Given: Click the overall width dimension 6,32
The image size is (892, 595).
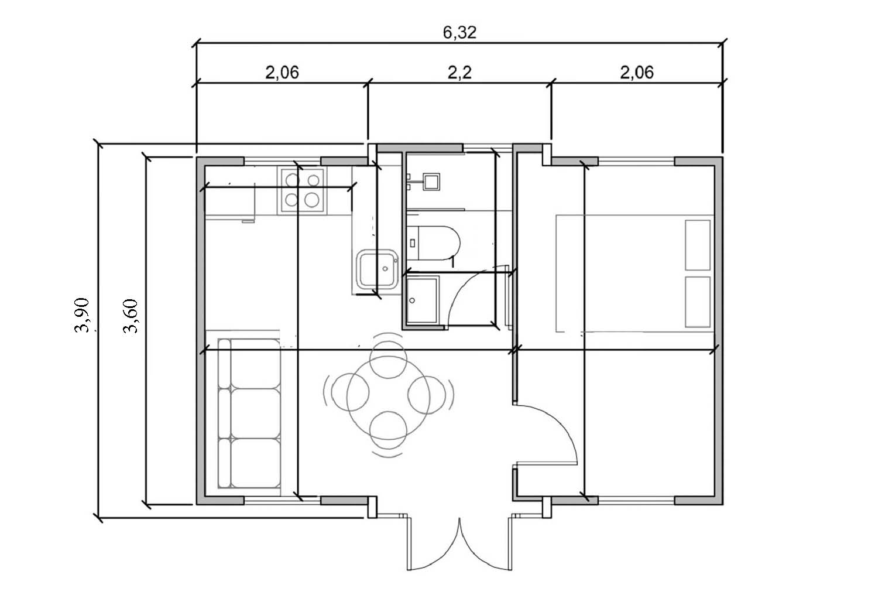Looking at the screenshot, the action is [x=459, y=33].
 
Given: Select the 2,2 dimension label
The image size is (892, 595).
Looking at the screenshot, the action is [x=459, y=73].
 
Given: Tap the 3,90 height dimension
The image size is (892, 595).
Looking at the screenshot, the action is [x=81, y=315].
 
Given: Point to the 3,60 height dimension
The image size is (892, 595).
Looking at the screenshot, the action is [x=130, y=316].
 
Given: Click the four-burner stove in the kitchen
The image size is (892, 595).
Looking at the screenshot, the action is [x=302, y=190].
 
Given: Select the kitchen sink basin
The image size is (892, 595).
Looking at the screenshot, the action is [x=378, y=269].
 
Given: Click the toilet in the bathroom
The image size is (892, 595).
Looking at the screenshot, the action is [x=433, y=243].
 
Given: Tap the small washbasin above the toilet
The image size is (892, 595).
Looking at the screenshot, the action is [x=431, y=182].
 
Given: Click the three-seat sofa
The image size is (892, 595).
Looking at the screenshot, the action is [x=249, y=413].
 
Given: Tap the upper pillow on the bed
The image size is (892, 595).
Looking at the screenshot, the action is [x=698, y=245].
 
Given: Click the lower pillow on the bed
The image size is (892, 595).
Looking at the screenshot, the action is [x=698, y=302].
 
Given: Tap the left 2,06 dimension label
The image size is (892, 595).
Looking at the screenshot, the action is [x=282, y=73].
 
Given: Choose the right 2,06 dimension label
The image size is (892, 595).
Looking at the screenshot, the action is [x=637, y=73].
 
